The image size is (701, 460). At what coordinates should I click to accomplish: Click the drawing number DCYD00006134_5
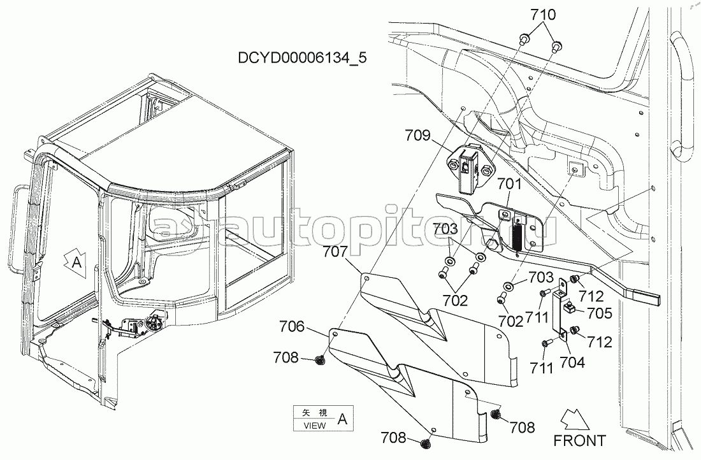pyautogui.click(x=302, y=58)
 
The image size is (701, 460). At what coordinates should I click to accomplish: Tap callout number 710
pyautogui.click(x=543, y=15)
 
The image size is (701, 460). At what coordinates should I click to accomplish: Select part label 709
pyautogui.click(x=417, y=135)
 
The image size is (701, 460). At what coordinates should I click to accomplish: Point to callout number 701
pyautogui.click(x=509, y=183)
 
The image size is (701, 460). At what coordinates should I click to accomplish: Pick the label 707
pyautogui.click(x=335, y=252)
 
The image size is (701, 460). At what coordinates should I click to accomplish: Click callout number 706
pyautogui.click(x=292, y=327)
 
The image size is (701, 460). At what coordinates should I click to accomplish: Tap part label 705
pyautogui.click(x=599, y=313)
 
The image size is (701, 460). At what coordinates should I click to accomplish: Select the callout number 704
pyautogui.click(x=573, y=362)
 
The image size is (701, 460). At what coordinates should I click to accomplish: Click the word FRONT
pyautogui.click(x=579, y=440)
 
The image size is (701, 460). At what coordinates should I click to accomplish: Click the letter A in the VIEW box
pyautogui.click(x=342, y=419)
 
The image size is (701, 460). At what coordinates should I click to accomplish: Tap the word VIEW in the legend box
pyautogui.click(x=315, y=426)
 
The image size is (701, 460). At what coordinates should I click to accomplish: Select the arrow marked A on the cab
pyautogui.click(x=75, y=262)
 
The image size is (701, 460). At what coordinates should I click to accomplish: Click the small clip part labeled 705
pyautogui.click(x=568, y=307)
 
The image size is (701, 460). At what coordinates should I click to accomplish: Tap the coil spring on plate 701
pyautogui.click(x=519, y=237)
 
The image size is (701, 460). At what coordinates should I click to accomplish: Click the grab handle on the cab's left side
pyautogui.click(x=17, y=229)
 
